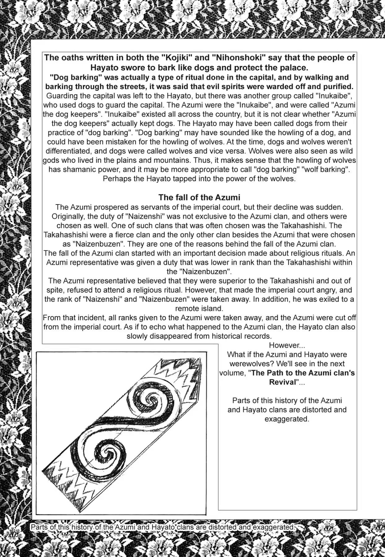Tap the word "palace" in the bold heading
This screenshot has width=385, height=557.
[295, 67]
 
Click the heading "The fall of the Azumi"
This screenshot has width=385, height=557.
[199, 197]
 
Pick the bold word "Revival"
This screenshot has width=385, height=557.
[282, 382]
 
